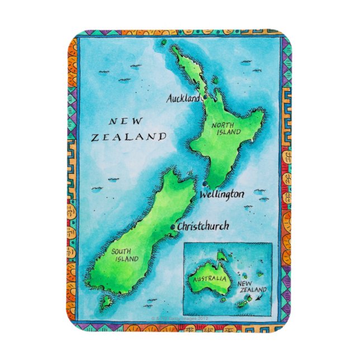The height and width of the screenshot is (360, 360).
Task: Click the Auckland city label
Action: pos(183,98)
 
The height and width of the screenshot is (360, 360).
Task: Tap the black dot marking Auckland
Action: pos(205,97)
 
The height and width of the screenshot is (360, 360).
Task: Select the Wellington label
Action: pos(222,195)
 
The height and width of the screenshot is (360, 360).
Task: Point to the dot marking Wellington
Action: pos(205,184)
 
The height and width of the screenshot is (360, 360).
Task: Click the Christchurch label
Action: pos(202,227)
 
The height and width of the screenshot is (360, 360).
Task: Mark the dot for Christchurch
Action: pos(173,226)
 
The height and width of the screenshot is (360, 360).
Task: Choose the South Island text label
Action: pos(122,255)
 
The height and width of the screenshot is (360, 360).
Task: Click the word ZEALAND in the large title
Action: pos(129,136)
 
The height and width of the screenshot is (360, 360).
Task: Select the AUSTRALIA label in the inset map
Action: pos(208,278)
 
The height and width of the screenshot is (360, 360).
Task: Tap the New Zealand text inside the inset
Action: pos(252,287)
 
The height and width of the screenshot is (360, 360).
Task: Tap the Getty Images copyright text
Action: pos(179,318)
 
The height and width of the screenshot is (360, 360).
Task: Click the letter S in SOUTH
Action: pos(113,252)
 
